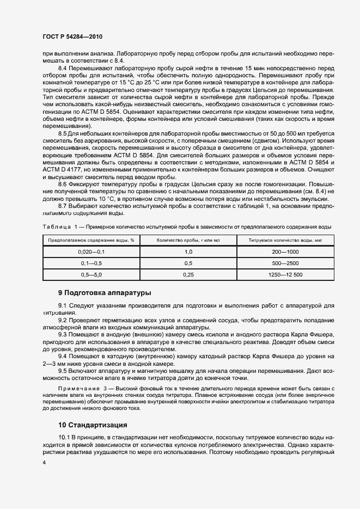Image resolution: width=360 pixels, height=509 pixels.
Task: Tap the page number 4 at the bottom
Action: (44, 463)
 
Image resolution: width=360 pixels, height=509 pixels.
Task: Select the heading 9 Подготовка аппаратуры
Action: (105, 293)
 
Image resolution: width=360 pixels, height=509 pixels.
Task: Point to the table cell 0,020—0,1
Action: (91, 252)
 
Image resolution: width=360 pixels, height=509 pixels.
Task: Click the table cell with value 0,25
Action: (188, 275)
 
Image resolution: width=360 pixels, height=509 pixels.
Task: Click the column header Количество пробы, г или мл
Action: (188, 240)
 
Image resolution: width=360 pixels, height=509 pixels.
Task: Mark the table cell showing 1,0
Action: (188, 252)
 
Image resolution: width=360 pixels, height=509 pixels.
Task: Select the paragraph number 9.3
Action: (64, 335)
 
